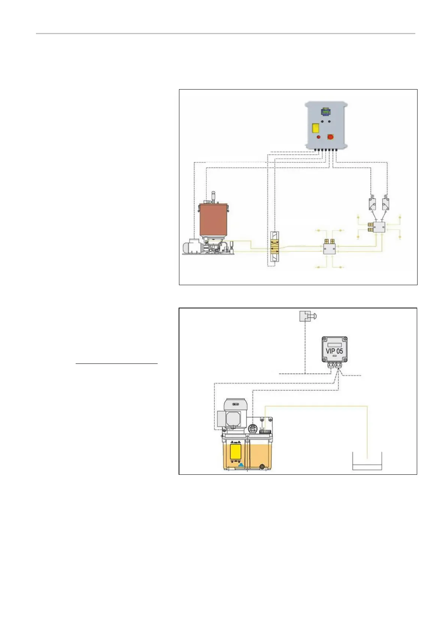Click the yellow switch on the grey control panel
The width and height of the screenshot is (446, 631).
(316, 129)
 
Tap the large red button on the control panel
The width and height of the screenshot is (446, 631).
(330, 137)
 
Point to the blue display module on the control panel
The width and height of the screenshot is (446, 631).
(324, 111)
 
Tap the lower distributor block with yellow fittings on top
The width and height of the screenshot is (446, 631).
(330, 248)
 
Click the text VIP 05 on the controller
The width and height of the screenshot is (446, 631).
(334, 351)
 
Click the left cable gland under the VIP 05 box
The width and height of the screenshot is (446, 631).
(331, 366)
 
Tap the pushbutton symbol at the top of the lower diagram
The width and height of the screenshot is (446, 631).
(306, 316)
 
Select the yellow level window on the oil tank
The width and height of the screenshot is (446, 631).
(236, 452)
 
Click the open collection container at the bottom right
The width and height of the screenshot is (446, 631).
(367, 462)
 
